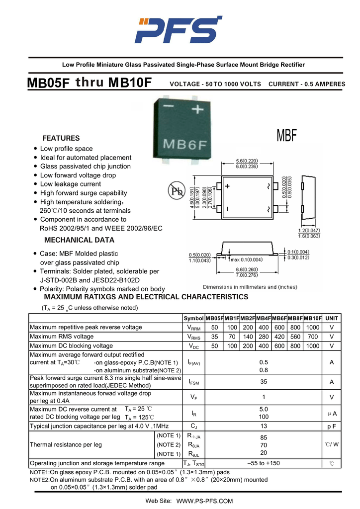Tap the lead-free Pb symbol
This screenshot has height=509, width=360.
[176, 191]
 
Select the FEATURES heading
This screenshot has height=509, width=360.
[61, 138]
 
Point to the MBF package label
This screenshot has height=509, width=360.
[287, 135]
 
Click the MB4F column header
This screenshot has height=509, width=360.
[264, 318]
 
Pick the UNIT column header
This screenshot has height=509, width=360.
[332, 318]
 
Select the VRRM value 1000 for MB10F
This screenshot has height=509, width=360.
[313, 328]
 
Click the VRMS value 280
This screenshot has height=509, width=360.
[264, 337]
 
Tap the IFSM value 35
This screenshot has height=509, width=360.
[264, 382]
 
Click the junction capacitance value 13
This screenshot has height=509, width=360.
[264, 426]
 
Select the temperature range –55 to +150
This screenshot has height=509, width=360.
[264, 463]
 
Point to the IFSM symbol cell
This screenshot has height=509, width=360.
[194, 382]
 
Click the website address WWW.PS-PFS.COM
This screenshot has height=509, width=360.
[204, 501]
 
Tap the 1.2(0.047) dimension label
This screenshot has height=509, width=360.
[309, 231]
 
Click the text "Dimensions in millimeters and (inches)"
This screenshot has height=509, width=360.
[250, 287]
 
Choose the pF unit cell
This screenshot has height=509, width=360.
[332, 426]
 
